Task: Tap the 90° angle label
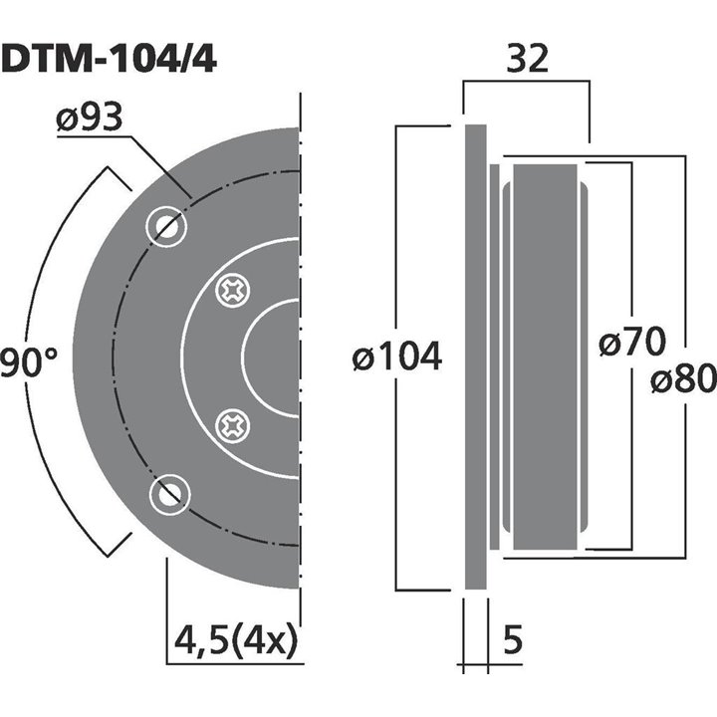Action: coord(29,361)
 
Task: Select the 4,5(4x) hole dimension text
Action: coord(234,638)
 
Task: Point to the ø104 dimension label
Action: coord(397,356)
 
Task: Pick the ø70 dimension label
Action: coord(632,344)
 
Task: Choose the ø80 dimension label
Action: coord(684,378)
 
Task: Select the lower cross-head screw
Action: coord(235,427)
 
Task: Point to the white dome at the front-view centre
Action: coord(274,359)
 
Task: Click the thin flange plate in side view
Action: coord(476,358)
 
